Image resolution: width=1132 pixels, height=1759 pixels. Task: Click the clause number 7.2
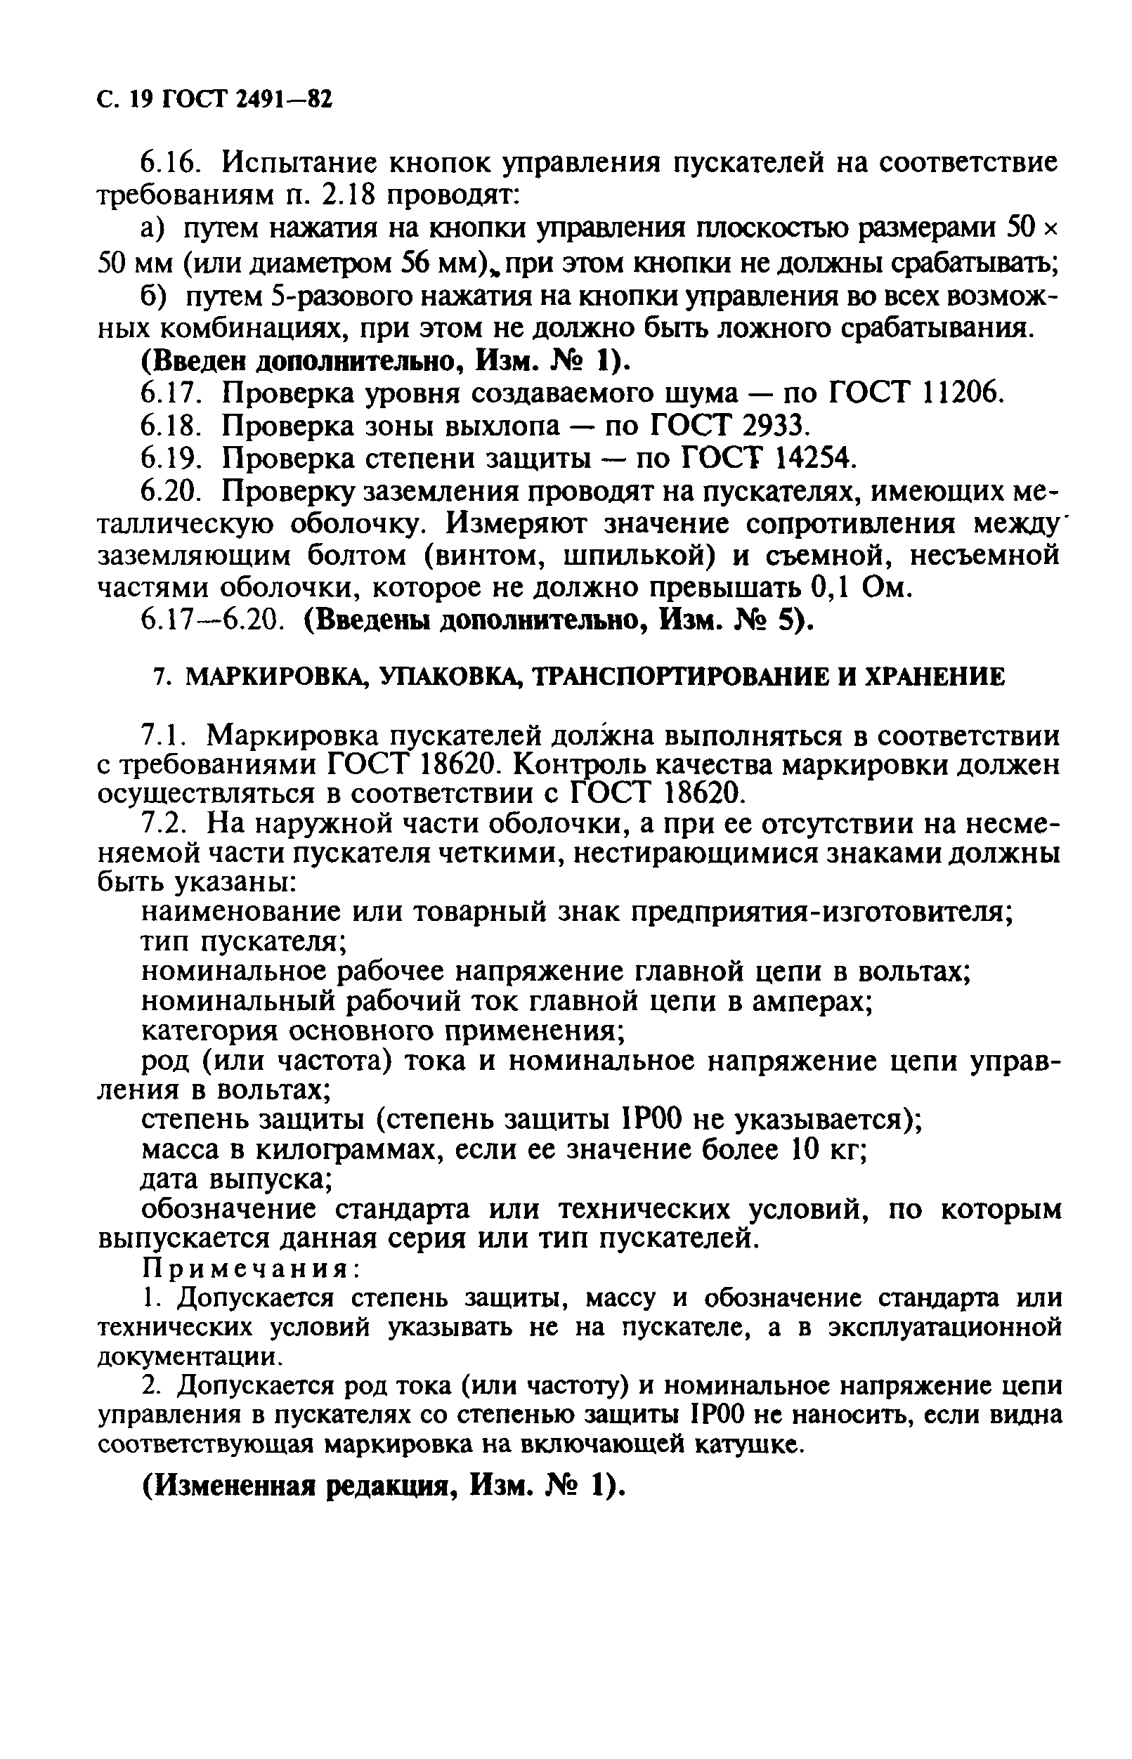[x=166, y=824]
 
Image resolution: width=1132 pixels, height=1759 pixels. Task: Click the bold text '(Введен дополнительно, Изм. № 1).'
[x=385, y=361]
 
